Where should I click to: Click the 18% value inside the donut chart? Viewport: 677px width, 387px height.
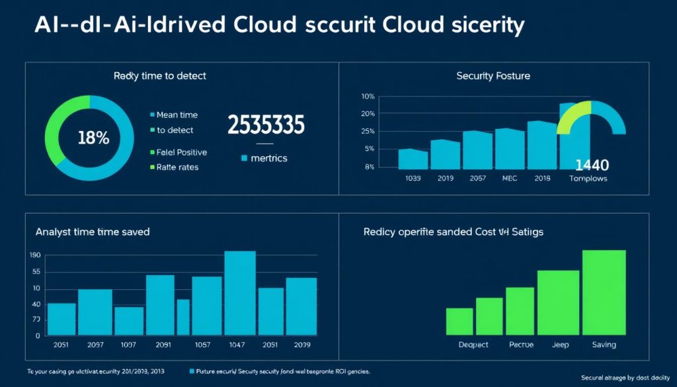tap(93, 139)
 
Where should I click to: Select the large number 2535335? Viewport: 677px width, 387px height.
tap(266, 125)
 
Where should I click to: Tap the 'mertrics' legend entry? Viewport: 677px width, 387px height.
tap(264, 159)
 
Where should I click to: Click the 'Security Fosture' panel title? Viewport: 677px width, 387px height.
tap(493, 76)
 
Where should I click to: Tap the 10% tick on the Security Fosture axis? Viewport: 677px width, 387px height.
tap(368, 97)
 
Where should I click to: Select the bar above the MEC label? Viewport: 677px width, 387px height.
tap(509, 148)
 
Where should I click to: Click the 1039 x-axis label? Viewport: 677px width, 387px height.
tap(413, 179)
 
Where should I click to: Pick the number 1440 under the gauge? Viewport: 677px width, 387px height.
tap(592, 165)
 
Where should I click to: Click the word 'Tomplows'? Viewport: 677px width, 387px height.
tap(588, 179)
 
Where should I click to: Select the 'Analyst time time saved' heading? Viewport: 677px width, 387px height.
tap(93, 232)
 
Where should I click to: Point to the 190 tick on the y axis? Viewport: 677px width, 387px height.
tap(35, 255)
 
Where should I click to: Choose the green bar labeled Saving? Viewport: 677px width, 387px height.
tap(604, 292)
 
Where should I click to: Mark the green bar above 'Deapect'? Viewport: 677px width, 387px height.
tap(459, 321)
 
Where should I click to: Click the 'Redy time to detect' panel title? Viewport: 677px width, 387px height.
tap(160, 76)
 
